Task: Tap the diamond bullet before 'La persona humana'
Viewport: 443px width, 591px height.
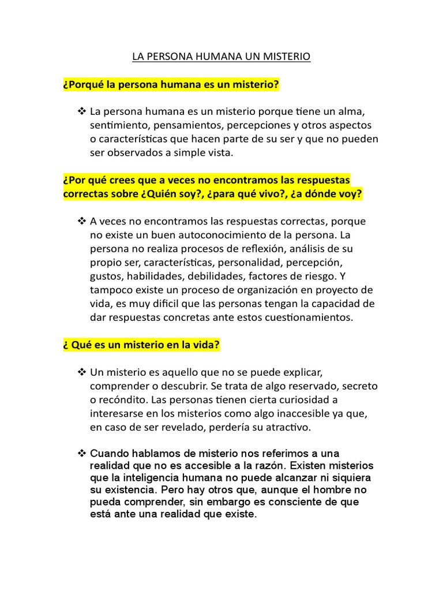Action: click(x=81, y=110)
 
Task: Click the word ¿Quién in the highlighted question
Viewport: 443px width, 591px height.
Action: click(x=163, y=194)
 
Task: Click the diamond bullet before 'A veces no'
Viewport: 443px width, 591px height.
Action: click(x=81, y=221)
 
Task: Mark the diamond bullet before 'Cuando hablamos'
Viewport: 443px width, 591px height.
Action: click(x=81, y=454)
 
